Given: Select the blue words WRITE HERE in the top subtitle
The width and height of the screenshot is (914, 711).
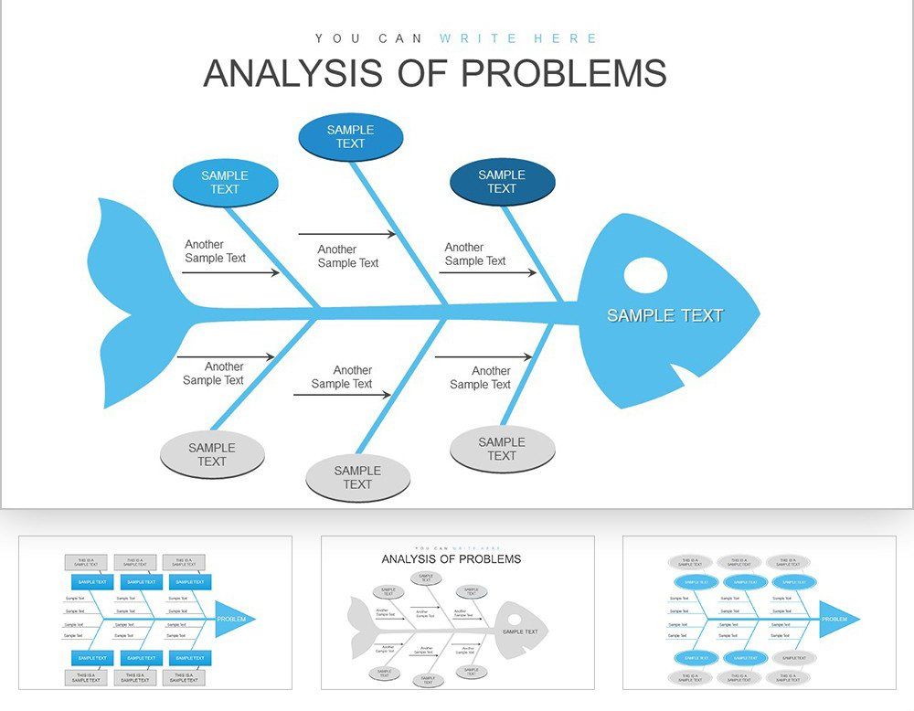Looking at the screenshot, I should pyautogui.click(x=518, y=38).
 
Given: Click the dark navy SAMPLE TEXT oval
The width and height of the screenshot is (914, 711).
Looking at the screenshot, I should pyautogui.click(x=502, y=182).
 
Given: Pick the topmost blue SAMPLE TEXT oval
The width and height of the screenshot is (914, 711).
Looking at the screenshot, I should pyautogui.click(x=350, y=137).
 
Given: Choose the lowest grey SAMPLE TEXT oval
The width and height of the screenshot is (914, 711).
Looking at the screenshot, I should pyautogui.click(x=357, y=478).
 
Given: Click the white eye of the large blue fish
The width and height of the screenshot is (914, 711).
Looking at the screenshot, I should pyautogui.click(x=646, y=275).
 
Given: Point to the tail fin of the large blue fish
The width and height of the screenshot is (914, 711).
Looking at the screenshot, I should pyautogui.click(x=128, y=302).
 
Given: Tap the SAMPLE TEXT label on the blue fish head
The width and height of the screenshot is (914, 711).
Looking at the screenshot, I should pyautogui.click(x=664, y=315).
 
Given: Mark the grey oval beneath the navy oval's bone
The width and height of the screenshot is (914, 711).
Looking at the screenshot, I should pyautogui.click(x=502, y=449).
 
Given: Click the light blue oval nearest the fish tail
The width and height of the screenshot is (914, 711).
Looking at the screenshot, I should pyautogui.click(x=225, y=183).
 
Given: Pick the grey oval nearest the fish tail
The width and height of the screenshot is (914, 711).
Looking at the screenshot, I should pyautogui.click(x=212, y=454).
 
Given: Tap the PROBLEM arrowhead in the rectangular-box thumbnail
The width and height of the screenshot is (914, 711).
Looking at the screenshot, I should pyautogui.click(x=234, y=620).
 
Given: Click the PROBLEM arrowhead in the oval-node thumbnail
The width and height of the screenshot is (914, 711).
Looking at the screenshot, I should pyautogui.click(x=837, y=620).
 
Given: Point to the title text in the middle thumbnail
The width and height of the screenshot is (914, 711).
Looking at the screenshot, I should pyautogui.click(x=451, y=559).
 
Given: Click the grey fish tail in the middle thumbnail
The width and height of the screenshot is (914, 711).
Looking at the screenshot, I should pyautogui.click(x=363, y=629).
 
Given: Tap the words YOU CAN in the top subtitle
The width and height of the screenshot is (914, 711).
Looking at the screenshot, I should pyautogui.click(x=368, y=38).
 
